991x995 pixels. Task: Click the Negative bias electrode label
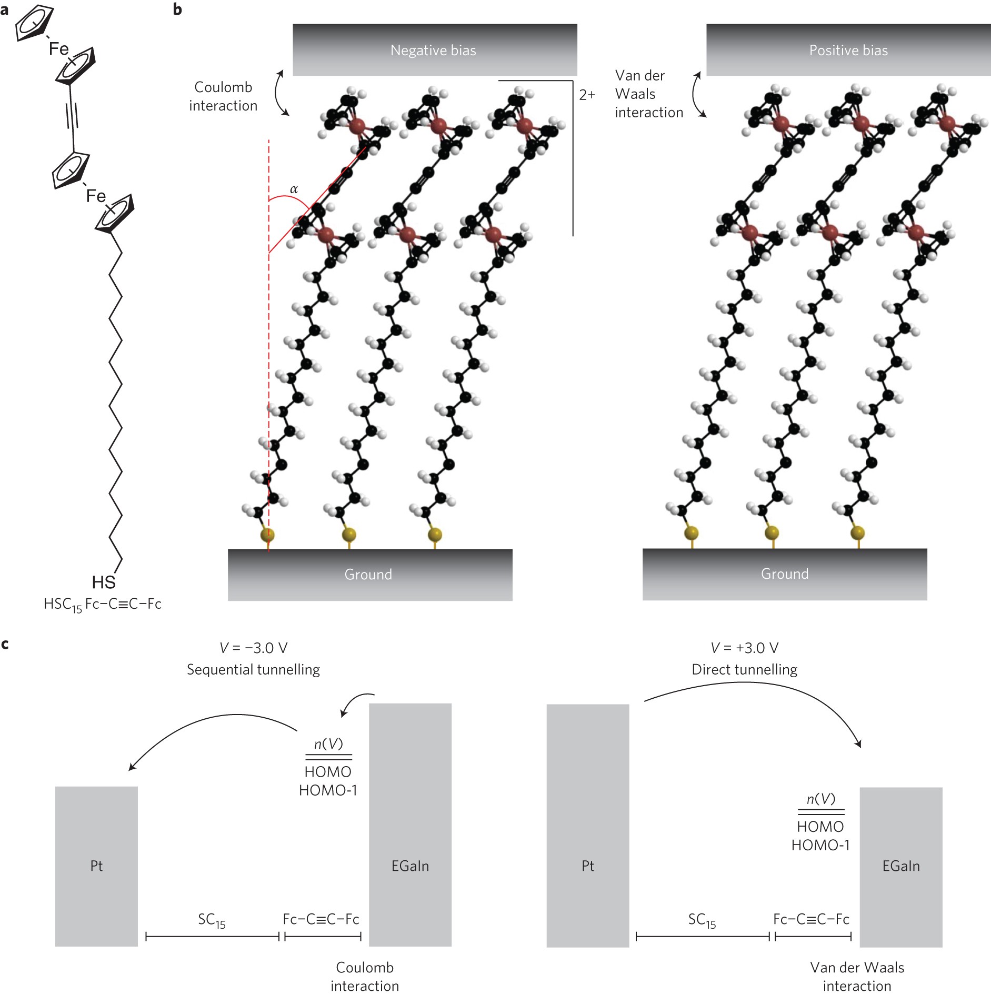433,51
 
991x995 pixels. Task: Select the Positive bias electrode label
848,51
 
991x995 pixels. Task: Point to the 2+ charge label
587,95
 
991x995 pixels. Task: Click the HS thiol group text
104,582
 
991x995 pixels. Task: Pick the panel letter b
177,9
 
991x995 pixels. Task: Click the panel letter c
5,644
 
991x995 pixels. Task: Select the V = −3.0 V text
254,648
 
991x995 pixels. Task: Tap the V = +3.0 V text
744,648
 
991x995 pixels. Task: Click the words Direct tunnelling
744,669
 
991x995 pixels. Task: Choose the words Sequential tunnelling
253,669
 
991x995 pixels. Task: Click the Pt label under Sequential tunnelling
96,866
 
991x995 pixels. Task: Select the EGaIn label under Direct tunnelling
901,866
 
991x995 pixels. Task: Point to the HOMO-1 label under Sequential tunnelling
328,790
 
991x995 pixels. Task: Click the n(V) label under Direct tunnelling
820,799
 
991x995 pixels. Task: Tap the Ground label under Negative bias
368,574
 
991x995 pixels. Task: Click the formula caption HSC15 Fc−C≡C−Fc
103,605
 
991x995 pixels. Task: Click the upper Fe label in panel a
58,49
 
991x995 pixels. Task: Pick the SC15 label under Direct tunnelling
702,920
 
